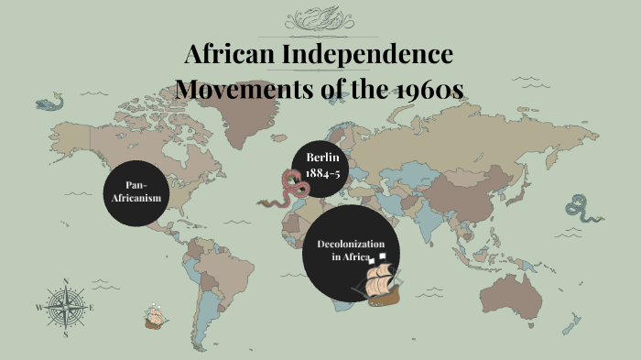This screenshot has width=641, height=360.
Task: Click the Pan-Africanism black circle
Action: [x=136, y=191]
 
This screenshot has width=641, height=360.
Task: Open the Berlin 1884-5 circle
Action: [x=320, y=170]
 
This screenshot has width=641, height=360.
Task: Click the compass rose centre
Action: [x=66, y=307]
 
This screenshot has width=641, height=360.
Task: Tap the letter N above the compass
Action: [x=66, y=280]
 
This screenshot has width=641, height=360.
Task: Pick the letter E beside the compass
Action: [x=92, y=308]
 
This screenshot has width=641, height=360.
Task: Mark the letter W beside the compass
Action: [x=38, y=308]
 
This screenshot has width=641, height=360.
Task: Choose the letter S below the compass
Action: [x=66, y=334]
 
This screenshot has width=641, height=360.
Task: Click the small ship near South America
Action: [x=157, y=317]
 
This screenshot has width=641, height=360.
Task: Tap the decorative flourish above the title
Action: [x=320, y=19]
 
